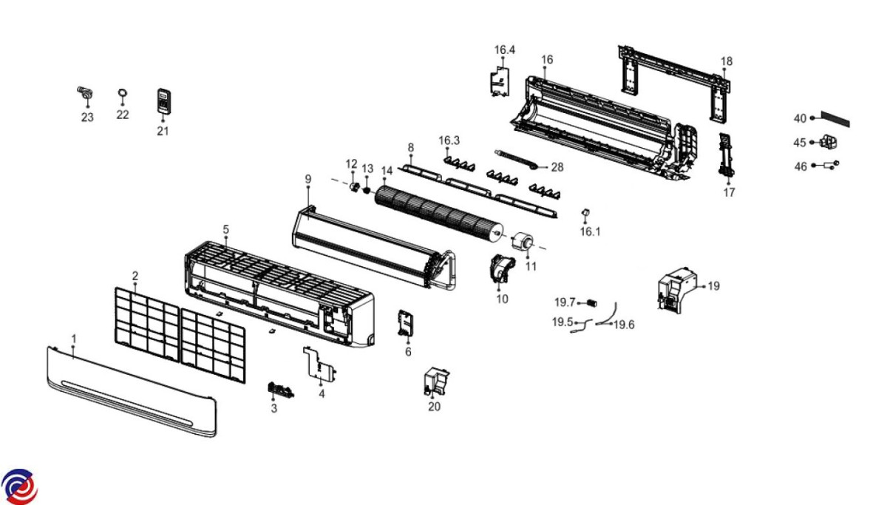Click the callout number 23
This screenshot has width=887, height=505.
pos(87,117)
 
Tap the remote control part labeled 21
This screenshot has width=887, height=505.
pos(163,101)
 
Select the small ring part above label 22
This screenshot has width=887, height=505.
pos(123,92)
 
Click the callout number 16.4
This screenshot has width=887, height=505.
pos(505,50)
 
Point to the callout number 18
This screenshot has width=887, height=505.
pos(727,61)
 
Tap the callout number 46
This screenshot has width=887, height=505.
pos(801,167)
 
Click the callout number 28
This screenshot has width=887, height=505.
pos(557,168)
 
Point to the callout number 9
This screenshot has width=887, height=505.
pos(308,179)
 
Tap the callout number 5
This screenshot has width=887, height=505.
pos(226,230)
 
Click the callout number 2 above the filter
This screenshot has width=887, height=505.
pos(135,276)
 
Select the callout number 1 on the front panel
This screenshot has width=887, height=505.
pos(74,338)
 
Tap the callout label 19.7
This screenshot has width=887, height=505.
pos(565,302)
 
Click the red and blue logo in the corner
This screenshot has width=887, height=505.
pos(19,486)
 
